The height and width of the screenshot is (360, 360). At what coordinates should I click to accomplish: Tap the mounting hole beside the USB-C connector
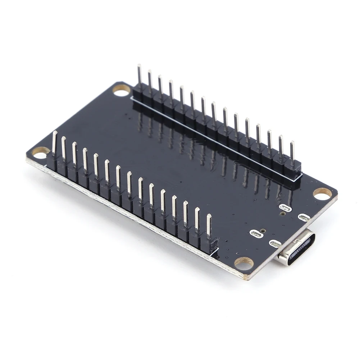pos(244,263)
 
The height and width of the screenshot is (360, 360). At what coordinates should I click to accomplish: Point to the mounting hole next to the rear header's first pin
pos(122,90)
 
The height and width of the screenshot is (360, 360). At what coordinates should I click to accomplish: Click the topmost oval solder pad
pos(286,208)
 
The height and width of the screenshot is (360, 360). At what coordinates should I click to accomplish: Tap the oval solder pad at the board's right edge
pos(304,217)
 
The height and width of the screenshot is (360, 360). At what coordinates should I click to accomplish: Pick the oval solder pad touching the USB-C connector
pos(275,244)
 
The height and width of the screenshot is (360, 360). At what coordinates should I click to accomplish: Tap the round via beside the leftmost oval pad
pos(264,231)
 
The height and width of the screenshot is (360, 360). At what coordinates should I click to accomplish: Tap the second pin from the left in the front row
pos(64,148)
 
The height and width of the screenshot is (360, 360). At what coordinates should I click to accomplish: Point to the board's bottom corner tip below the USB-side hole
pos(247,278)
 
